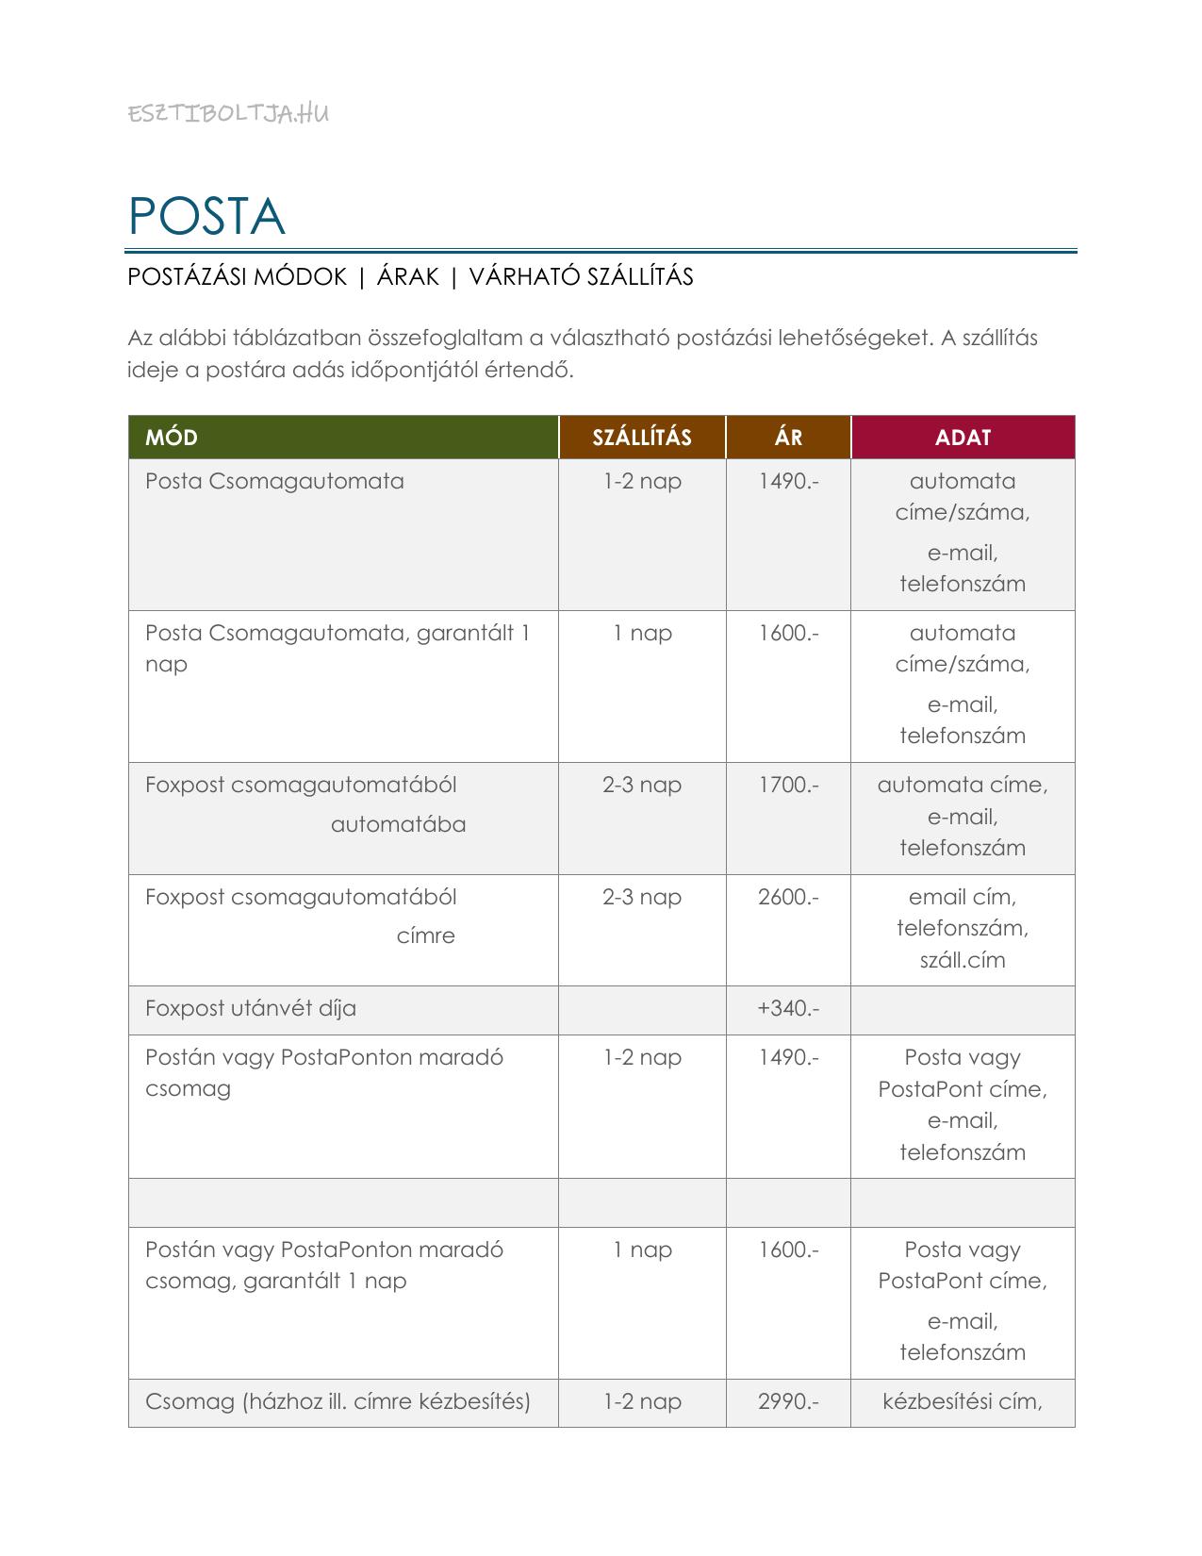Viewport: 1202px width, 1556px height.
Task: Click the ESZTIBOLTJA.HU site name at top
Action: pyautogui.click(x=228, y=114)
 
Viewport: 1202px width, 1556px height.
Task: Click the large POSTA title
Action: pyautogui.click(x=206, y=217)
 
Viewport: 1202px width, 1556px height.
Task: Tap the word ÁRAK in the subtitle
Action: pyautogui.click(x=408, y=276)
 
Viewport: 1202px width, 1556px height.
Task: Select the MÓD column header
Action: pyautogui.click(x=172, y=438)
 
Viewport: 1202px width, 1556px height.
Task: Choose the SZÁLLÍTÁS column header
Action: pyautogui.click(x=642, y=438)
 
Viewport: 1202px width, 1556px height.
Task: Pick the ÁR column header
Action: pyautogui.click(x=788, y=438)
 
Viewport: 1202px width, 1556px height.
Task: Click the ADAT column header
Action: pyautogui.click(x=963, y=438)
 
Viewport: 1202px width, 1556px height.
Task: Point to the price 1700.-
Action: pyautogui.click(x=788, y=785)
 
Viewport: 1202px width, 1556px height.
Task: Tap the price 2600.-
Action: pyautogui.click(x=788, y=897)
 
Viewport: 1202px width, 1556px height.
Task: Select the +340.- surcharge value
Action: pyautogui.click(x=788, y=1008)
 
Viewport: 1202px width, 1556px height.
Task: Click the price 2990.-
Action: pyautogui.click(x=788, y=1401)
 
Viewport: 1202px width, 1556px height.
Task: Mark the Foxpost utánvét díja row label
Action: pyautogui.click(x=251, y=1008)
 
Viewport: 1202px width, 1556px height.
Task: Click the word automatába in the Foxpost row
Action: pyautogui.click(x=398, y=824)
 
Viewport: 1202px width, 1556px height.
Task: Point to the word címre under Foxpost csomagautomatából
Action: pyautogui.click(x=425, y=936)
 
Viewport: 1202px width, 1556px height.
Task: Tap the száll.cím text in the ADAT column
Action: pyautogui.click(x=963, y=960)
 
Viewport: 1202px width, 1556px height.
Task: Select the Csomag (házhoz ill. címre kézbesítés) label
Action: pyautogui.click(x=338, y=1401)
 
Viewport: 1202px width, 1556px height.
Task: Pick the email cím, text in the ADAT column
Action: pyautogui.click(x=963, y=897)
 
